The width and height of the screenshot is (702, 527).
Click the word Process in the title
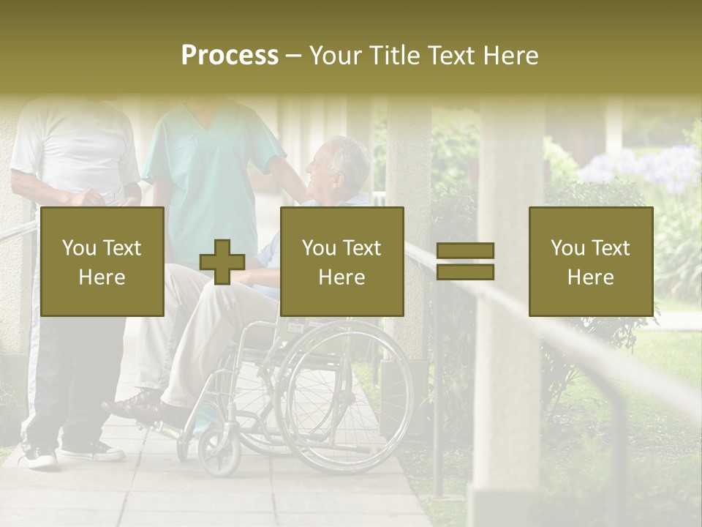[230, 56]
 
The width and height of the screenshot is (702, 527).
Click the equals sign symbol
[465, 261]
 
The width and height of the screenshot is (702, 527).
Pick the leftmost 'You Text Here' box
[102, 261]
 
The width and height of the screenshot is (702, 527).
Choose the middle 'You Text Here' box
[341, 261]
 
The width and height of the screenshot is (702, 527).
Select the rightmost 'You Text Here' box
[590, 261]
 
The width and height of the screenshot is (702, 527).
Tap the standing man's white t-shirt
[73, 146]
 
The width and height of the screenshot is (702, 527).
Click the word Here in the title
[511, 56]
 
